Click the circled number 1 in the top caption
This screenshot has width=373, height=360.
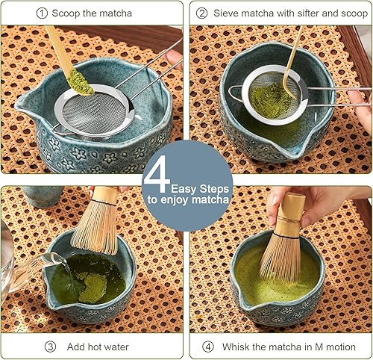click(x=42, y=13)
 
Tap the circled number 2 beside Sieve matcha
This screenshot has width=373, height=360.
click(x=201, y=13)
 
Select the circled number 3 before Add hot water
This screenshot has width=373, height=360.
click(x=51, y=347)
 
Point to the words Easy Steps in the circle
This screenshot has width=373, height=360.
click(x=192, y=188)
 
